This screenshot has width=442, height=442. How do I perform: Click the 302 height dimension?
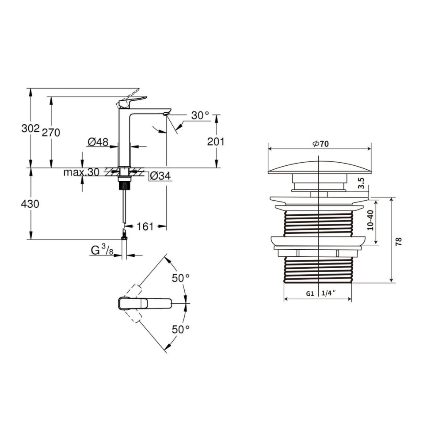(x=30, y=129)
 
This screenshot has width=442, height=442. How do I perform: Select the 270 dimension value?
(x=51, y=132)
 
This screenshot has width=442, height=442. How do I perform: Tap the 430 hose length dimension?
(x=30, y=204)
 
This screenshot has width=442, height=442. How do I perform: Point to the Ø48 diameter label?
(x=98, y=142)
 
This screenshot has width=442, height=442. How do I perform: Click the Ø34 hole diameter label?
(x=160, y=176)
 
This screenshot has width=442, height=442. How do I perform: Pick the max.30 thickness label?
(x=81, y=172)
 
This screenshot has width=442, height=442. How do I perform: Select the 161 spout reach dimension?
(x=145, y=226)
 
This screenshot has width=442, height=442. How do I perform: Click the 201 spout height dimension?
(x=216, y=141)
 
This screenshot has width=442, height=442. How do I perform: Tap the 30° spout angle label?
(x=200, y=115)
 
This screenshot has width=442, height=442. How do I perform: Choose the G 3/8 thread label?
(x=102, y=250)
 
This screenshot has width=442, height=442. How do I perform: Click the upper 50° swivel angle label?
(x=181, y=278)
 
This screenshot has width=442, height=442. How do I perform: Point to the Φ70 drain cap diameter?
(x=320, y=144)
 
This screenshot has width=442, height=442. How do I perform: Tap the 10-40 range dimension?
(x=370, y=220)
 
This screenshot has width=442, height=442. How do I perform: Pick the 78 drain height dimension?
(x=399, y=242)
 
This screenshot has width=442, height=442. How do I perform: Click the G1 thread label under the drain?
(x=310, y=294)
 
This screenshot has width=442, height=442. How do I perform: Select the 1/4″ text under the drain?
(x=329, y=293)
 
